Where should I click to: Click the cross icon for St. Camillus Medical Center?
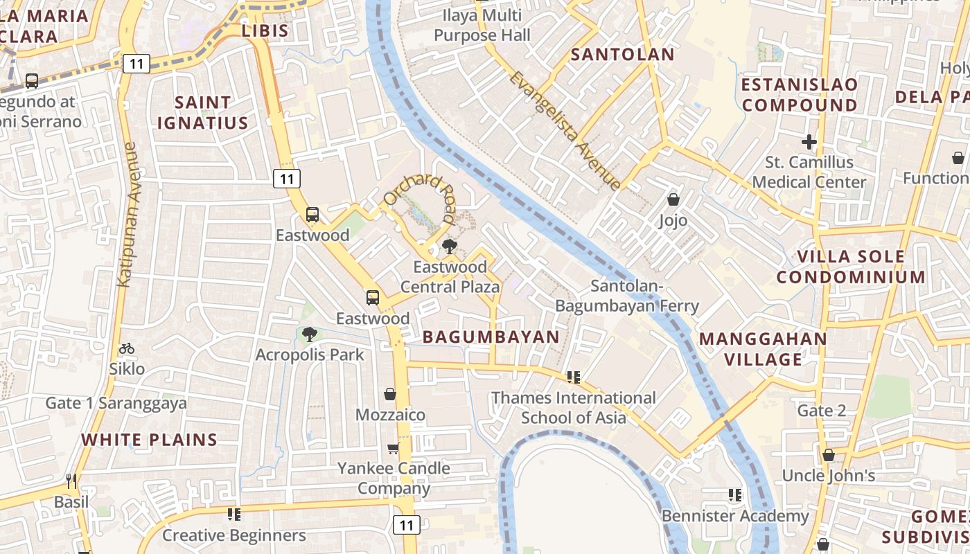pos(809,142)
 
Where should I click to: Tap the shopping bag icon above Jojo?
pos(673,200)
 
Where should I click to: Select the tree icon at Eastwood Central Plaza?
pos(450,245)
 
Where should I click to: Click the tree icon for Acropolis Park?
pos(310,334)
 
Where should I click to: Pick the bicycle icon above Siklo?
pos(127,348)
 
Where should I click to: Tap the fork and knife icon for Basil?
pos(71,481)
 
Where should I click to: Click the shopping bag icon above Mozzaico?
pos(390,394)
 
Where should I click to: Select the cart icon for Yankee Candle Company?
pos(393,448)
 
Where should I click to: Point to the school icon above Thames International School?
pos(573,377)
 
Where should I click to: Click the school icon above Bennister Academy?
pos(734,495)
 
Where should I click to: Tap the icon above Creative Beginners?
pos(234,515)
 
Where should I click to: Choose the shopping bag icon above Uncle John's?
pos(828,455)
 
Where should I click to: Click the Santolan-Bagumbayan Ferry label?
pos(627,296)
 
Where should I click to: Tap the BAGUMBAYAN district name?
pos(491,337)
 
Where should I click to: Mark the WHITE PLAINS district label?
pos(149,440)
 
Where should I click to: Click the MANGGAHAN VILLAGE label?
pos(763,349)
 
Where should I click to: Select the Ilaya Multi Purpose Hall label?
pos(482,25)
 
